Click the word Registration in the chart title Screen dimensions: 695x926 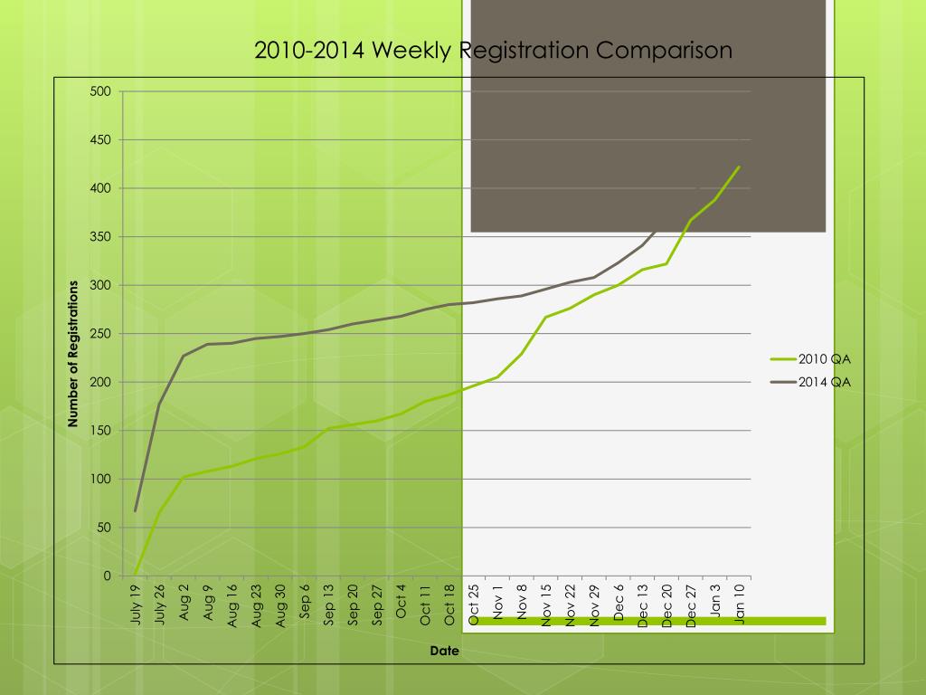[524, 51]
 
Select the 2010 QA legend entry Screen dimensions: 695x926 [824, 359]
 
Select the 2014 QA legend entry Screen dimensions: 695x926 [824, 382]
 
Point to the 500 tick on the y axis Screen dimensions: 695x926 [100, 91]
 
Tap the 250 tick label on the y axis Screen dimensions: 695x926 [100, 334]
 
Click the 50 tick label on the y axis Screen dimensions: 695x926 [104, 528]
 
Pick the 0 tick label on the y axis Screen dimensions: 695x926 [107, 576]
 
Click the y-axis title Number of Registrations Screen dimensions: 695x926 [74, 354]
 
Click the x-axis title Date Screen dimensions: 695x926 [444, 651]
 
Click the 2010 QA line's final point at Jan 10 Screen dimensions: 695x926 [739, 167]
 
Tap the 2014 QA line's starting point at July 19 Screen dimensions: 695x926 [136, 511]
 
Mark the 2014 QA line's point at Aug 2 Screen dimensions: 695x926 [184, 356]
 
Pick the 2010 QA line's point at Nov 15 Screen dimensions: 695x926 [546, 317]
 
